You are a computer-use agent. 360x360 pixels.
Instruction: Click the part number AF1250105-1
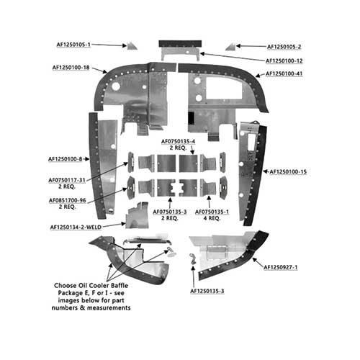click(73, 45)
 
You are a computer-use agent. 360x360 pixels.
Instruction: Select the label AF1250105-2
click(284, 47)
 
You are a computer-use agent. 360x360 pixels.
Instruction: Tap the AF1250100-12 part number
click(284, 61)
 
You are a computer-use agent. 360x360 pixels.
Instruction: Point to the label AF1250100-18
click(71, 68)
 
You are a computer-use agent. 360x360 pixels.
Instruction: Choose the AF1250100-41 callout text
click(284, 73)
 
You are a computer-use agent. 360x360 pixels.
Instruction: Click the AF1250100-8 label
click(66, 159)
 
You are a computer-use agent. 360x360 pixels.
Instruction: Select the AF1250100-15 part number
click(288, 172)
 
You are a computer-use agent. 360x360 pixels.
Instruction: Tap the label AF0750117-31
click(67, 180)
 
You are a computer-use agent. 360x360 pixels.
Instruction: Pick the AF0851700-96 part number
click(68, 200)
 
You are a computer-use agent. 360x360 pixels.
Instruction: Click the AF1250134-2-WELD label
click(76, 227)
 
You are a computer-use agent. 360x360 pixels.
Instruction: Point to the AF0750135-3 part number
click(170, 212)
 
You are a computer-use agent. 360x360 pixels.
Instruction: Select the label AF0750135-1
click(212, 212)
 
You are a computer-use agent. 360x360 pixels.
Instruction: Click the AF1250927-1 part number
click(281, 267)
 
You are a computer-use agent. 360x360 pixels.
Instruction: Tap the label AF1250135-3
click(207, 291)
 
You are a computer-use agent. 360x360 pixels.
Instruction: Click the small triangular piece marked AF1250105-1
click(132, 46)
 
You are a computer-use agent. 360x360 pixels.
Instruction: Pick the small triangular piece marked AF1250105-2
click(230, 48)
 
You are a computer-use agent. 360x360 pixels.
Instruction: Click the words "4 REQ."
click(212, 218)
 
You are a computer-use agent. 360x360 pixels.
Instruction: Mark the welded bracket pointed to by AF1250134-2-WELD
click(138, 215)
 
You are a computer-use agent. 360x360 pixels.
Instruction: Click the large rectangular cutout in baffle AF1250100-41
click(224, 88)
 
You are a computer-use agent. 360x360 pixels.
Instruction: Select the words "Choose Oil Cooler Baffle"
click(91, 286)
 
